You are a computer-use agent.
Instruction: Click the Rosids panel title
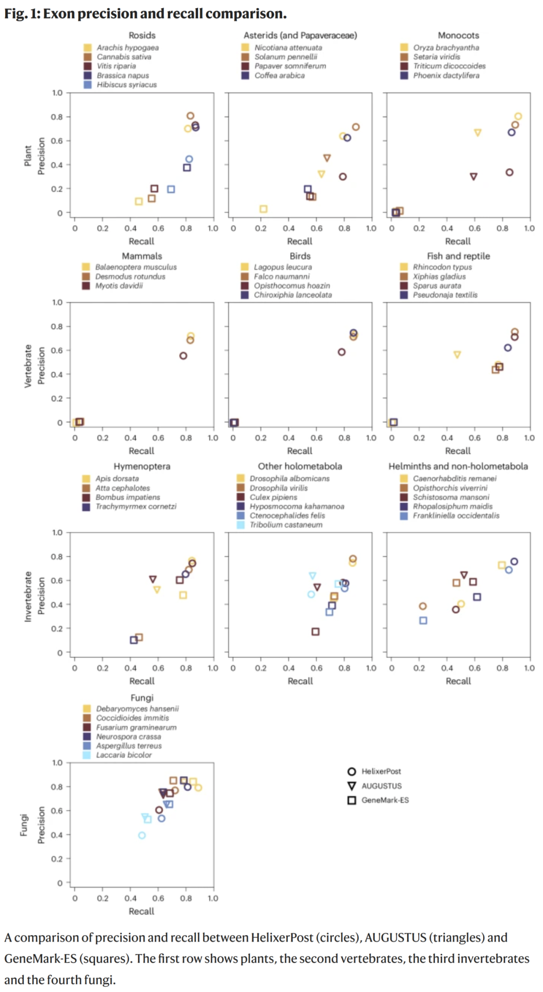(142, 35)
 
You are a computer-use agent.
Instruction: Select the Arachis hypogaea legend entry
(127, 48)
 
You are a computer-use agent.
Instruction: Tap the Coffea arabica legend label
(279, 75)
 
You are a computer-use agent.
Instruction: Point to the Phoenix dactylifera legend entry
(446, 75)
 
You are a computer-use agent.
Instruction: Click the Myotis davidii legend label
(119, 286)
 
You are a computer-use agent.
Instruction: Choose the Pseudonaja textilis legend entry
(445, 295)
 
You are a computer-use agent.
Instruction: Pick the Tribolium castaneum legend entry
(286, 525)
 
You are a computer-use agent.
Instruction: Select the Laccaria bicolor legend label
(124, 755)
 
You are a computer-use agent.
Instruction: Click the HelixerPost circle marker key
(352, 772)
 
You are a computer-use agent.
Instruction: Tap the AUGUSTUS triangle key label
(382, 786)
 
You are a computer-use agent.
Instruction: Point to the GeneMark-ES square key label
(385, 800)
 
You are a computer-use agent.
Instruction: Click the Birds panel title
(300, 256)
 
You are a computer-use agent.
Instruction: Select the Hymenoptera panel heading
(142, 466)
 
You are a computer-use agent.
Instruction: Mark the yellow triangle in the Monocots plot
(478, 133)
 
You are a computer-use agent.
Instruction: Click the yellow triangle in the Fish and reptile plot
(457, 355)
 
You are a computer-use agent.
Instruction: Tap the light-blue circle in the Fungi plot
(142, 835)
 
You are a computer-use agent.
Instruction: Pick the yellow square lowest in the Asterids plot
(263, 209)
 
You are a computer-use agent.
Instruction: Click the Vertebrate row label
(28, 366)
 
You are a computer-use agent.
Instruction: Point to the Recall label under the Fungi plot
(141, 911)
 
